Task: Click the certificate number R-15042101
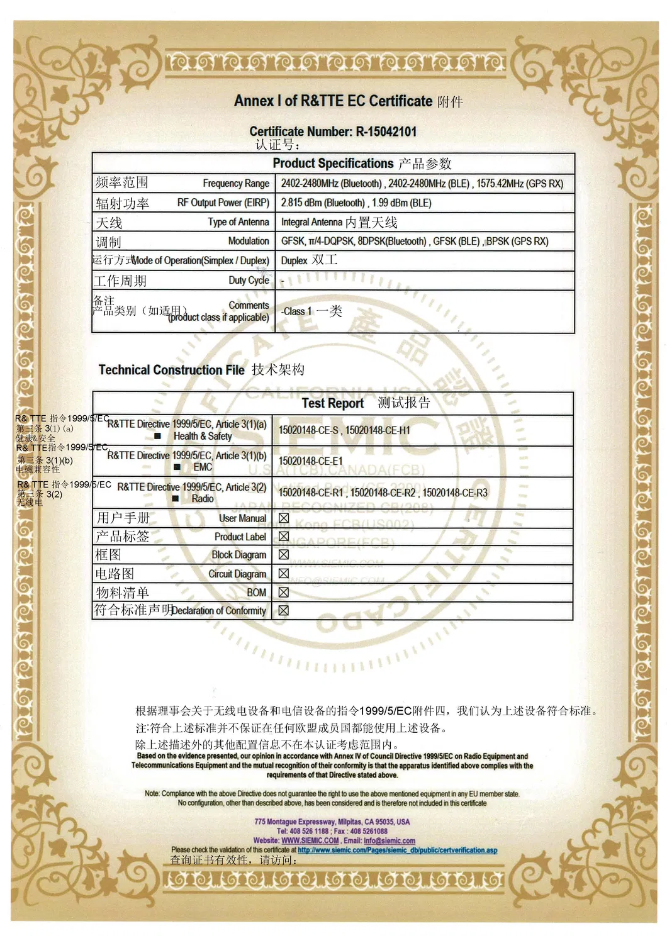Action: [386, 131]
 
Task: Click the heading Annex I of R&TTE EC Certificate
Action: [333, 101]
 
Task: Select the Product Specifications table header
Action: [333, 164]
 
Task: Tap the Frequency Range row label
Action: [236, 183]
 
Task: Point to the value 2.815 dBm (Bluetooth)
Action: [323, 203]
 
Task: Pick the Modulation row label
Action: [249, 241]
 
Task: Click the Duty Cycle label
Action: [249, 280]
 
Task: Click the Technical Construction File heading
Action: [171, 370]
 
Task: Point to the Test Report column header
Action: [333, 403]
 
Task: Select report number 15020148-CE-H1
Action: [378, 430]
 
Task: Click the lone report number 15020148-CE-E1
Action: [311, 461]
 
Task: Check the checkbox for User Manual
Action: [284, 518]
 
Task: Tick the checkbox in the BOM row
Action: [284, 592]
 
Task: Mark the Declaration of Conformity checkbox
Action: [284, 610]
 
